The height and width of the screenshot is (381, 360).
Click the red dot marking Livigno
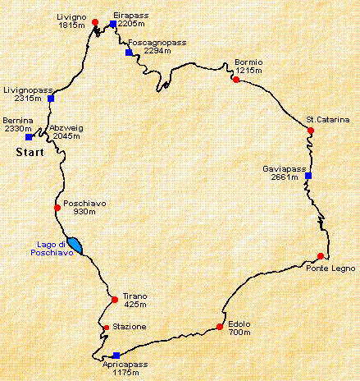click(x=95, y=22)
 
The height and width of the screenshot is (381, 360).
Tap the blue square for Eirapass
click(x=112, y=25)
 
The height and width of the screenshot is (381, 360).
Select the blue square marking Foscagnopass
click(x=129, y=53)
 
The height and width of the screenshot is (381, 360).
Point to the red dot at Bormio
click(x=235, y=80)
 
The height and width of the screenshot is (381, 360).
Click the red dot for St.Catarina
click(x=311, y=130)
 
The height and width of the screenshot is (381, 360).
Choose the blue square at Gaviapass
click(x=308, y=175)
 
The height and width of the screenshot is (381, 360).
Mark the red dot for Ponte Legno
click(x=321, y=256)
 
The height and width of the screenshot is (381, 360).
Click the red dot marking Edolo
click(x=220, y=327)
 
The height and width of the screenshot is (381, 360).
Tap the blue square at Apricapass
click(x=116, y=356)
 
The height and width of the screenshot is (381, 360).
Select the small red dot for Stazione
click(x=106, y=328)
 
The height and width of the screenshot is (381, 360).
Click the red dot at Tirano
click(x=115, y=299)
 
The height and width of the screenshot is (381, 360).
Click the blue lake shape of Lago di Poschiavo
click(x=75, y=245)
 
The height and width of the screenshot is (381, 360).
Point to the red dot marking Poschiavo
click(x=57, y=207)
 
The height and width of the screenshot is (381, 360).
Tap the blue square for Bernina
click(x=29, y=136)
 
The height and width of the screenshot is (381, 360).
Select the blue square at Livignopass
click(x=51, y=99)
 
